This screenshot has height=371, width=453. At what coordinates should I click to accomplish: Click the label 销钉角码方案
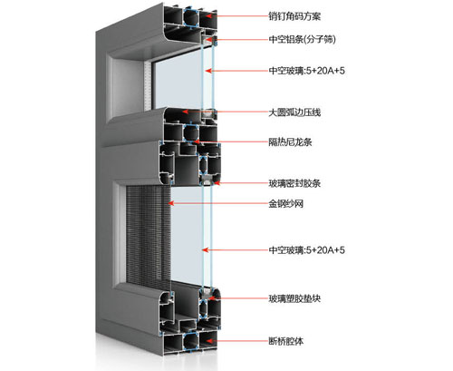point(296,16)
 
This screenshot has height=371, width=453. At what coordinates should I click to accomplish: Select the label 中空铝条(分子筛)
point(302,40)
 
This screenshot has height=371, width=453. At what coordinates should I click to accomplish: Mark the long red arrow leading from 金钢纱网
point(217,219)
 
